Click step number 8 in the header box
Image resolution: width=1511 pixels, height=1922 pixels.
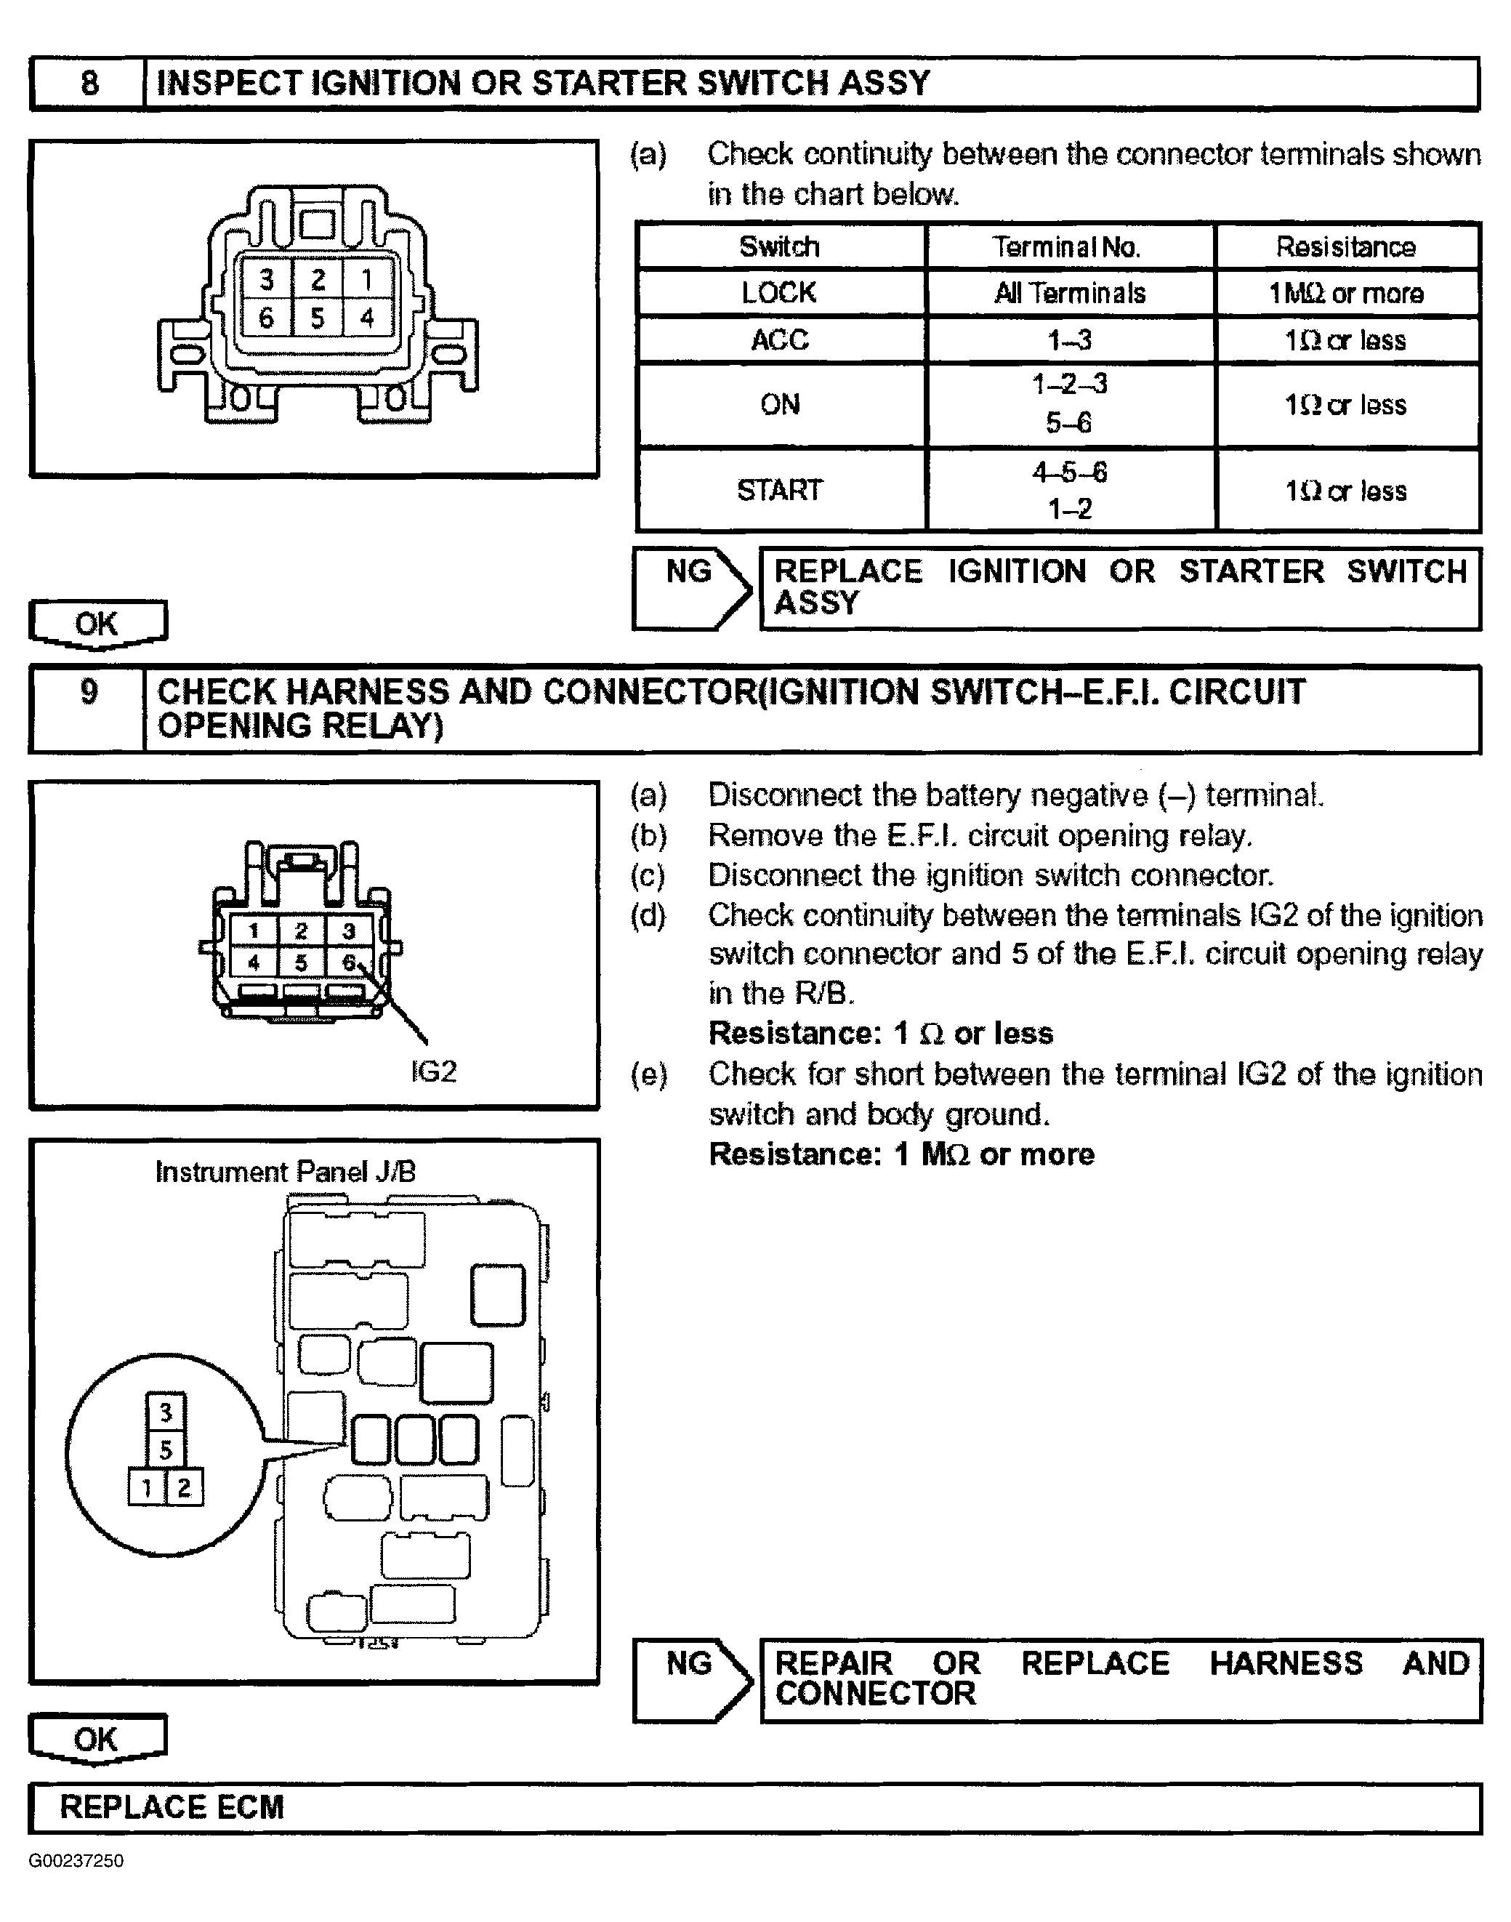(89, 83)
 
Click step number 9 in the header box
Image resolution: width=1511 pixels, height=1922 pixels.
(89, 691)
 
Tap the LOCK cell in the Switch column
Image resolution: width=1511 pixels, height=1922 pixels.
(779, 293)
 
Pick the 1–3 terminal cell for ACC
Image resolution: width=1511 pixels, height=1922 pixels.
(1070, 339)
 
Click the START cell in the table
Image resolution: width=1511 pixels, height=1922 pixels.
(779, 490)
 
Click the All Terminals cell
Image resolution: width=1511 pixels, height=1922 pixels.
(1070, 293)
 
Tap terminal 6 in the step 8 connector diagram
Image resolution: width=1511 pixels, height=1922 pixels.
(266, 318)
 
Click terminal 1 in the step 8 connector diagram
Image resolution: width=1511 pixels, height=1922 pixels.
(367, 281)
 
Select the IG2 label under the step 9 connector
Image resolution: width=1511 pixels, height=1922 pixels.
(433, 1071)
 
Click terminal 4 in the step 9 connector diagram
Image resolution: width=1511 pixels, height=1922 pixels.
(254, 962)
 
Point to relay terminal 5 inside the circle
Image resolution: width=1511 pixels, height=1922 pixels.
(166, 1449)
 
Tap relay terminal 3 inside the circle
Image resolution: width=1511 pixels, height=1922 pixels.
(166, 1412)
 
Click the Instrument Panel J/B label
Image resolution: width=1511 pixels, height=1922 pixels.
(285, 1173)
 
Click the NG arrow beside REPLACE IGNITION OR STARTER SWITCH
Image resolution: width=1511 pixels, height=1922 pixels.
(692, 587)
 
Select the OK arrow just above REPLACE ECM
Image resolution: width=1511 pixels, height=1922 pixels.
(97, 1739)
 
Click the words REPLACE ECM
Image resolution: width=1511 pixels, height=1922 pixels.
(172, 1807)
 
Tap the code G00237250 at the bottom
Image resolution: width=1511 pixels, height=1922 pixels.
(76, 1861)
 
